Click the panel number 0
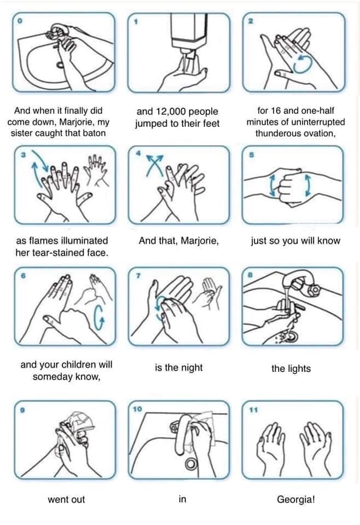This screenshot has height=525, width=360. (x=20, y=21)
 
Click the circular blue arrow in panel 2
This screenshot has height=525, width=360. (x=303, y=63)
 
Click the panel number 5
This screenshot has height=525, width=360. (x=252, y=155)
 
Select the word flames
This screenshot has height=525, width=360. (x=43, y=241)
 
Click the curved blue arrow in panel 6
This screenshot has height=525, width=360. (x=99, y=317)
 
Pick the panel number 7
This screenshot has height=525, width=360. (x=138, y=276)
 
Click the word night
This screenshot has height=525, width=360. (x=192, y=367)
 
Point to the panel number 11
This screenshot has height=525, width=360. (x=253, y=410)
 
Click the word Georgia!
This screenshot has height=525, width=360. (x=295, y=499)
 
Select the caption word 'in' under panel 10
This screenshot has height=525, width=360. (x=182, y=499)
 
